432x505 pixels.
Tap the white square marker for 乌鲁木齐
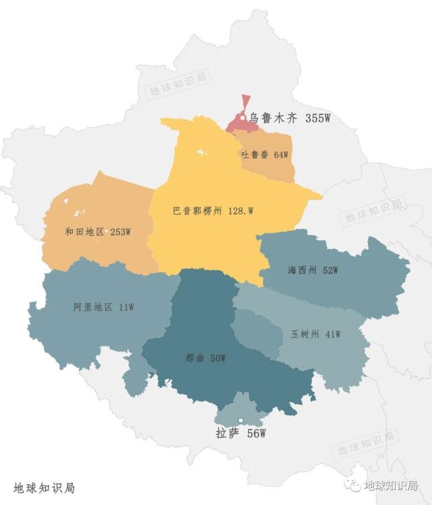[243, 119]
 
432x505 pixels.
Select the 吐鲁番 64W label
[264, 155]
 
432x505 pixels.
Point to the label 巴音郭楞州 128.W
[212, 211]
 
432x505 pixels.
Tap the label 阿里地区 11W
[103, 307]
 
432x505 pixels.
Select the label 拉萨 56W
[237, 434]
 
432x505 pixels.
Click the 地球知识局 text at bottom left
[43, 487]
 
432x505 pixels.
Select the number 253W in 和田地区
[120, 232]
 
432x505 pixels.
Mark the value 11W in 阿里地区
[126, 307]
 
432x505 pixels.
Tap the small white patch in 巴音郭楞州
[200, 154]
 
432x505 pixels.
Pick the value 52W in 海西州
[330, 271]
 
